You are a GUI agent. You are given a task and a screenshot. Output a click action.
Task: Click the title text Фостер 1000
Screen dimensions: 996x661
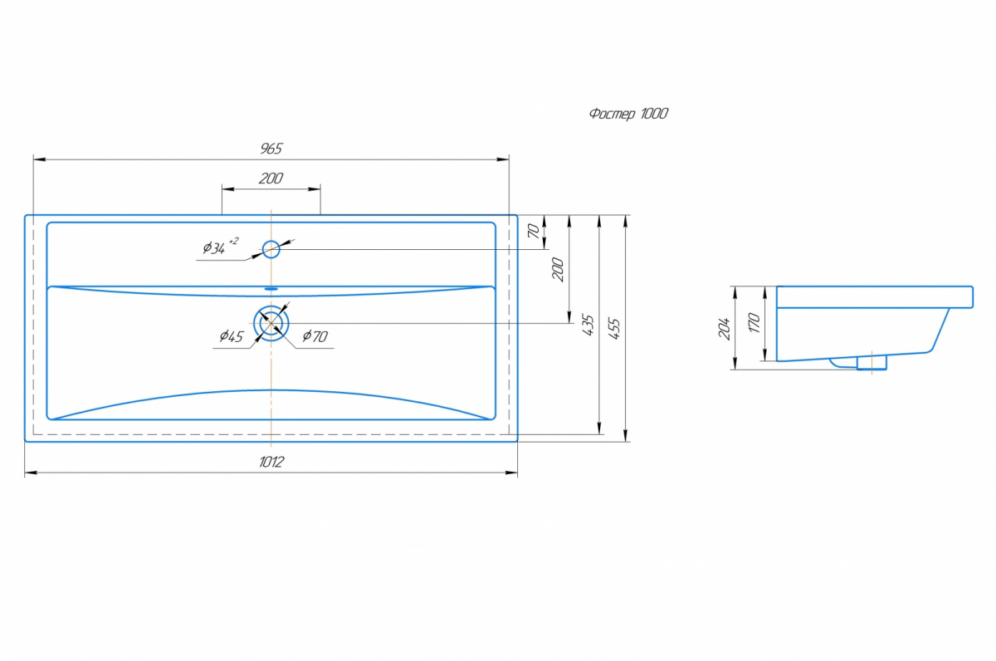(628, 114)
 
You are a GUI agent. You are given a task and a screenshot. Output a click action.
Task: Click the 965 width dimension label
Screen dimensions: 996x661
(271, 149)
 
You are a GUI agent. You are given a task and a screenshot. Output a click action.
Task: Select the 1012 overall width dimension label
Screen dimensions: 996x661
(271, 463)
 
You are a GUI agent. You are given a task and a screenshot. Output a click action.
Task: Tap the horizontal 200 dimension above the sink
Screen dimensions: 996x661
(271, 179)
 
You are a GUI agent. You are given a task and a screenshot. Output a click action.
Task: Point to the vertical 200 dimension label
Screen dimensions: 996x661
(558, 269)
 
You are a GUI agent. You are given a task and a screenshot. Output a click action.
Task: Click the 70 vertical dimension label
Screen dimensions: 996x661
(533, 230)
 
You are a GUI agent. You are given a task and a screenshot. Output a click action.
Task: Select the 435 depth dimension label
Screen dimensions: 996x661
(588, 326)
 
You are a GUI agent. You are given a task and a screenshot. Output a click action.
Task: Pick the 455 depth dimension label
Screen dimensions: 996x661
(613, 329)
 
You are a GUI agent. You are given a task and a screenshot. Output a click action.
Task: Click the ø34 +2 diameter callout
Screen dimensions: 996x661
(221, 246)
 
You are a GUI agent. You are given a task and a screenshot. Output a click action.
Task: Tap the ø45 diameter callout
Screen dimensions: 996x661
(232, 336)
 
